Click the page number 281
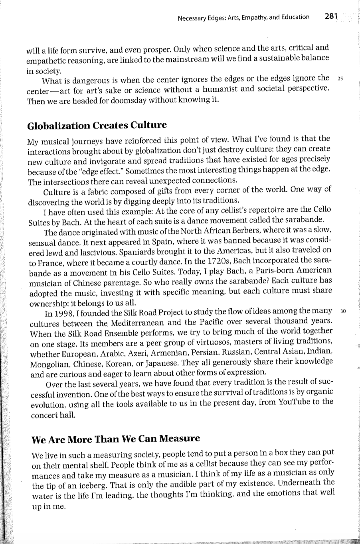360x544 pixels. click(x=331, y=16)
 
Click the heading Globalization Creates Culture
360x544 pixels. click(x=97, y=125)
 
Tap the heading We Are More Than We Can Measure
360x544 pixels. click(x=115, y=439)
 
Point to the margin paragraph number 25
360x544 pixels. click(x=340, y=78)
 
